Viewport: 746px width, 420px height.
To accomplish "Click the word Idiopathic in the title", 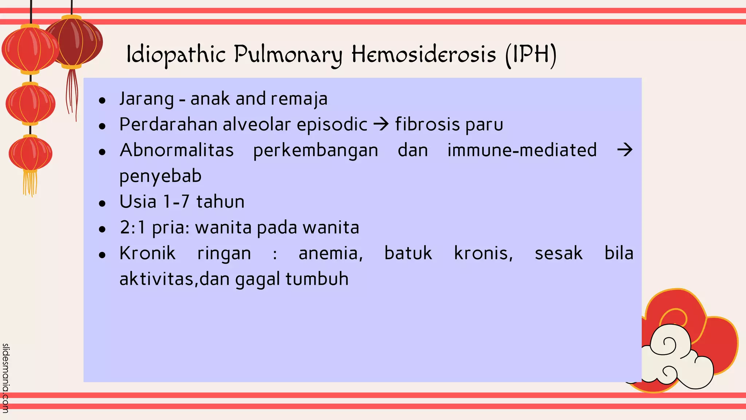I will [x=176, y=55].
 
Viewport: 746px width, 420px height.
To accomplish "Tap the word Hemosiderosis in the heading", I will [x=424, y=54].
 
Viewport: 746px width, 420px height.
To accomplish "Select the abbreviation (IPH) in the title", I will [x=531, y=55].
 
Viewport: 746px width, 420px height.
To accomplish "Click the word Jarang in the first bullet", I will [x=146, y=99].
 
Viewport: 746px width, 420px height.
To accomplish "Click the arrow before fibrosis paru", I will [x=381, y=125].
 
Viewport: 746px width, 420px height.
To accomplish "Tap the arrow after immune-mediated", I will [x=624, y=150].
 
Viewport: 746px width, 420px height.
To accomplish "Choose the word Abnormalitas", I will [x=177, y=150].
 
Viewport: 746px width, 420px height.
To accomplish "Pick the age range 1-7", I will [x=176, y=202].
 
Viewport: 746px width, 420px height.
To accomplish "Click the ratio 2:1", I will [x=133, y=227].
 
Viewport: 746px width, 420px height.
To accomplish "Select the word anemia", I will [x=330, y=253].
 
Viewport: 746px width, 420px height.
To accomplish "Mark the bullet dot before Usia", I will [x=102, y=203].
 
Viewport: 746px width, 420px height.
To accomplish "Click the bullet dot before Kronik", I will [x=102, y=255].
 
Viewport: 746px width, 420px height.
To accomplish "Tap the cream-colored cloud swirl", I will [x=674, y=361].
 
